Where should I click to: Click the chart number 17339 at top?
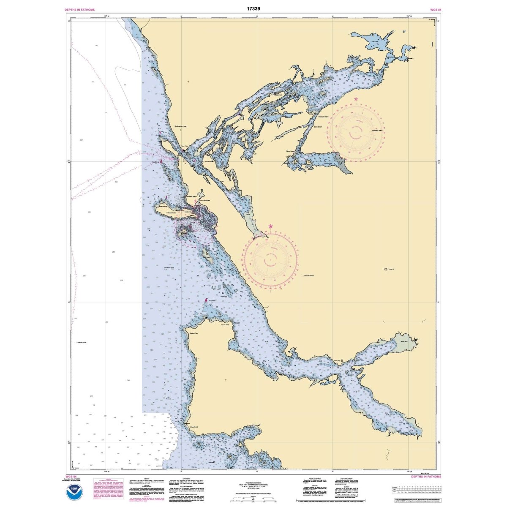tap(253, 8)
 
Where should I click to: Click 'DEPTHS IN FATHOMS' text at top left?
tap(79, 9)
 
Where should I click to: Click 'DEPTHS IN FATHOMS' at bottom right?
tap(426, 476)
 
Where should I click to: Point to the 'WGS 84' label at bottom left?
tap(70, 476)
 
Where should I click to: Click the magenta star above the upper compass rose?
tap(356, 99)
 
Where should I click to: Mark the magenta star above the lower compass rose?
tap(270, 226)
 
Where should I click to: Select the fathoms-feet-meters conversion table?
tap(417, 490)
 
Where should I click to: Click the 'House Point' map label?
tap(224, 325)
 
